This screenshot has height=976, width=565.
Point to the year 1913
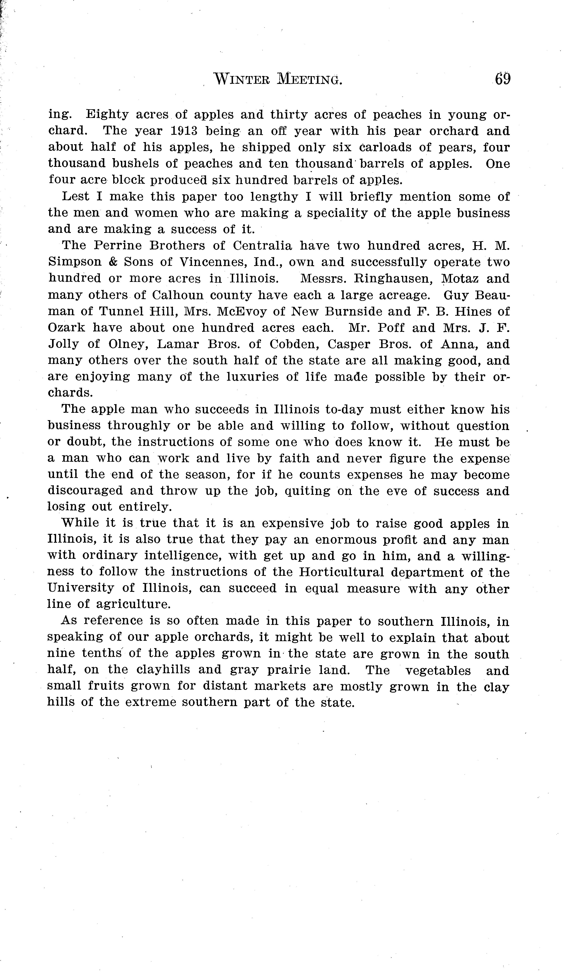[x=184, y=131]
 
